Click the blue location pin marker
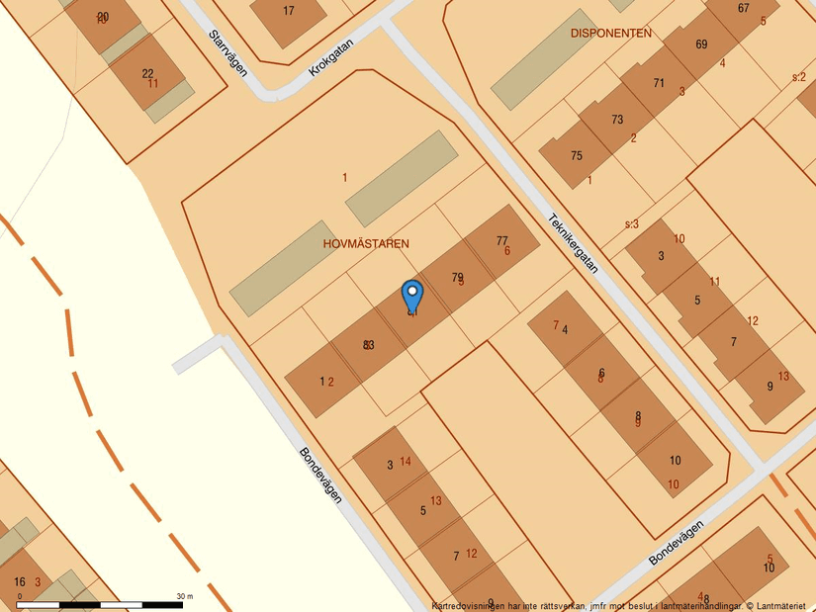click(411, 297)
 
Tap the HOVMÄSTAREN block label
click(366, 243)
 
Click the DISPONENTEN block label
click(611, 34)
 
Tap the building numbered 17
click(289, 12)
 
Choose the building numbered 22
click(147, 73)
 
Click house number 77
click(501, 240)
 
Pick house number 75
click(577, 155)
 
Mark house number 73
click(617, 120)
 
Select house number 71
click(659, 83)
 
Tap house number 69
click(701, 44)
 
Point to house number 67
click(743, 9)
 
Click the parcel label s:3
click(632, 224)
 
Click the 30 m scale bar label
click(184, 596)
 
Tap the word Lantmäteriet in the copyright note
click(781, 605)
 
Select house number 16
click(20, 581)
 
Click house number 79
click(457, 277)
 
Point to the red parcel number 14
click(406, 462)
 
